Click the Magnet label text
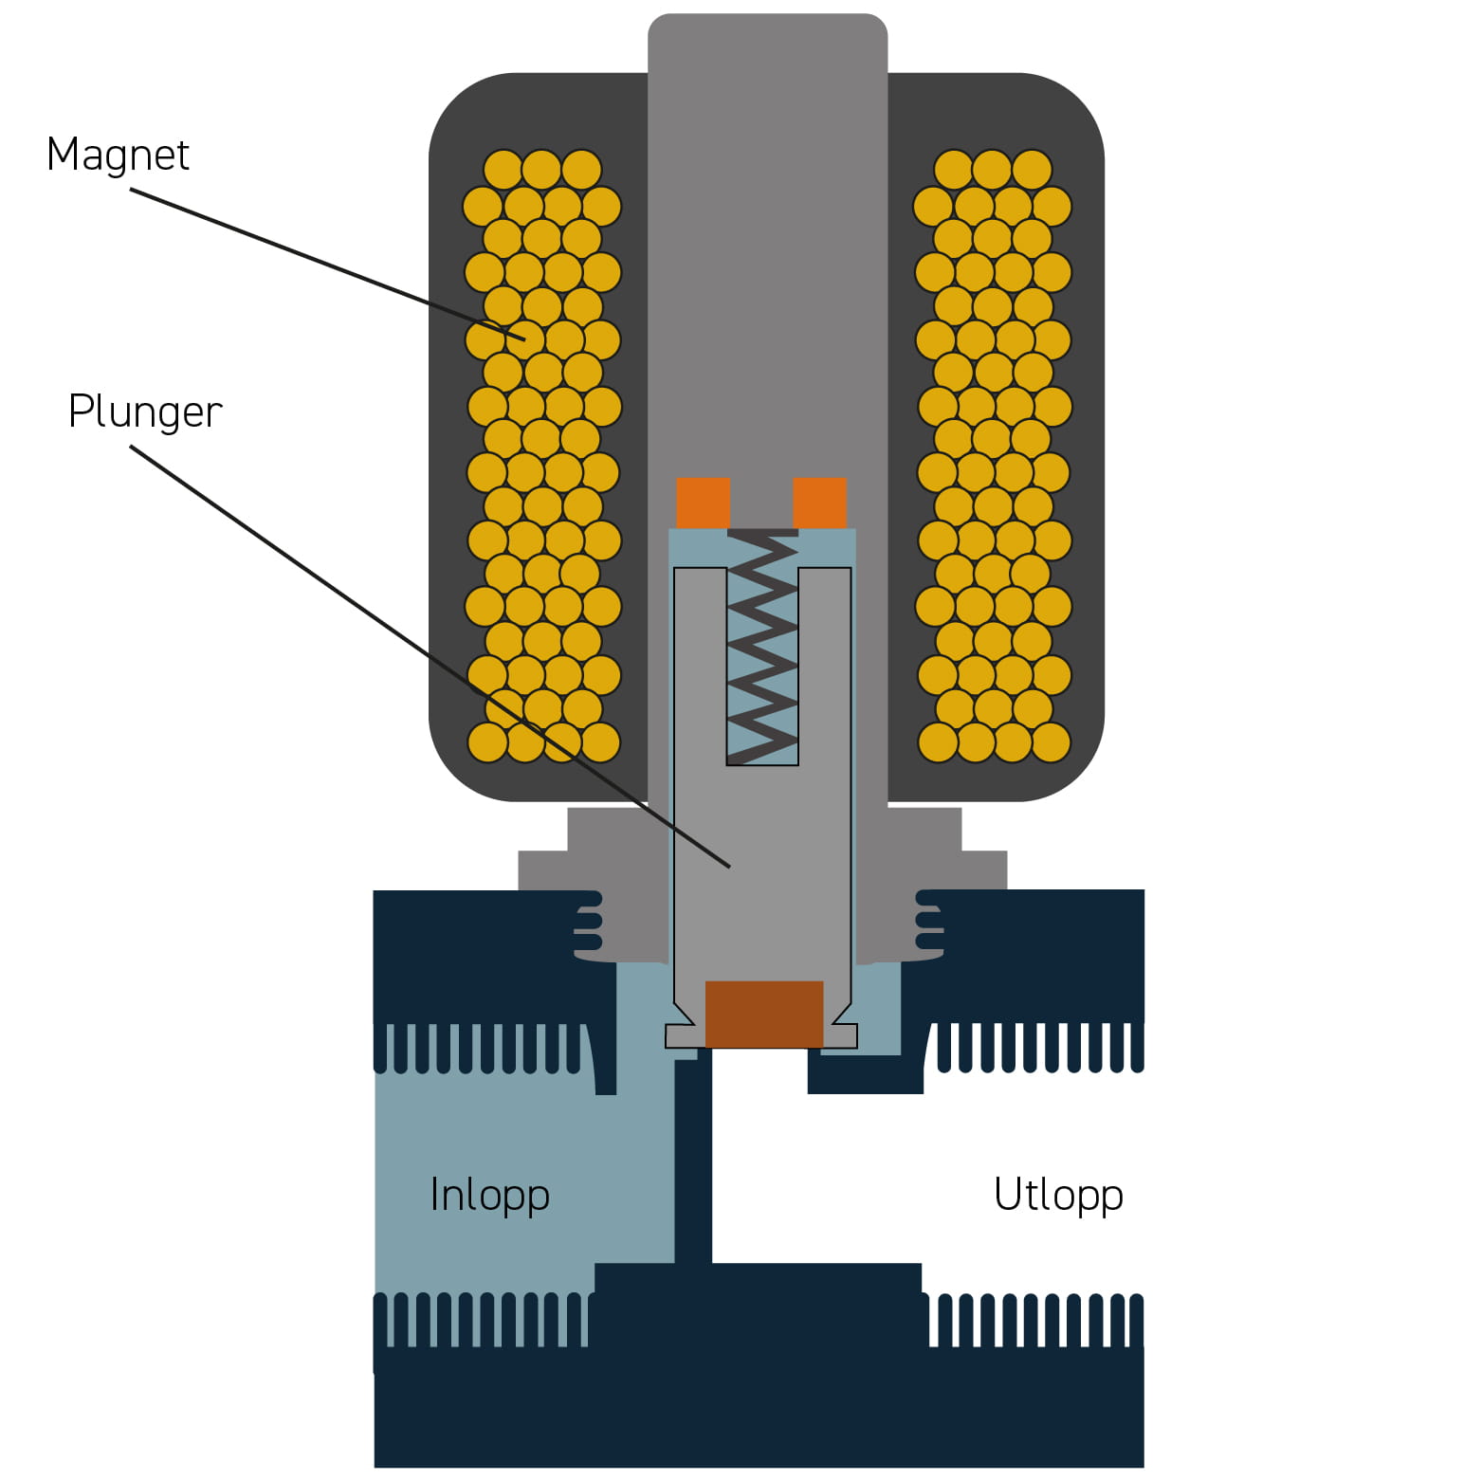coord(118,155)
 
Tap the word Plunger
coord(145,412)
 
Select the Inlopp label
coord(489,1195)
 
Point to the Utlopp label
coord(1058,1195)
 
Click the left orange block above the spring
coord(703,503)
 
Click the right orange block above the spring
coord(819,503)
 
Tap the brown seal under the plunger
coord(764,1014)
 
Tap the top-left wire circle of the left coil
coord(503,171)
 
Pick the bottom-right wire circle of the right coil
coord(1051,742)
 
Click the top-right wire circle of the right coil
coord(1032,171)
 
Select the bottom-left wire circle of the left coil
coord(488,742)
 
